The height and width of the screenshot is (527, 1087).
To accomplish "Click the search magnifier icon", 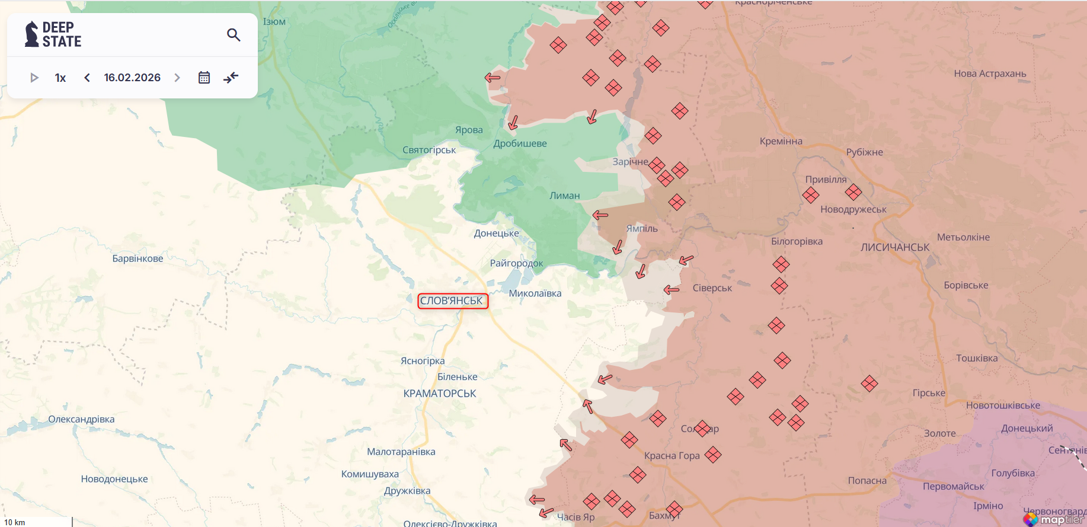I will [234, 35].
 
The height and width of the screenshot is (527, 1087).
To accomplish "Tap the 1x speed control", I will [60, 78].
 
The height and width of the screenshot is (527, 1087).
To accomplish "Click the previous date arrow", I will [87, 78].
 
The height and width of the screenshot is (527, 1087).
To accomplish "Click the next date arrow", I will [177, 78].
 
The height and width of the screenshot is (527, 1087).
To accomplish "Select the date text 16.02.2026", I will [132, 78].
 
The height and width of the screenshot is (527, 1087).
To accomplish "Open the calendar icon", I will [204, 78].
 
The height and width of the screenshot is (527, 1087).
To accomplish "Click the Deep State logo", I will [53, 34].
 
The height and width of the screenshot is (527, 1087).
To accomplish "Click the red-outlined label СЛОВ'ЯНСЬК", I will [452, 301].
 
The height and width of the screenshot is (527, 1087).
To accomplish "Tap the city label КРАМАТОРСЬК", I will [439, 394].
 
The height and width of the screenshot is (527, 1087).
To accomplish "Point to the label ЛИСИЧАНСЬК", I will [894, 247].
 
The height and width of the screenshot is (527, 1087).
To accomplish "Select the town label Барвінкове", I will [138, 258].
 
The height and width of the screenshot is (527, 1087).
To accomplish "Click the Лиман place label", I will [564, 196].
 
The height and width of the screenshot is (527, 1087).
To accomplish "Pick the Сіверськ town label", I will [712, 288].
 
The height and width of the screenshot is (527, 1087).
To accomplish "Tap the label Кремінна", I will [781, 141].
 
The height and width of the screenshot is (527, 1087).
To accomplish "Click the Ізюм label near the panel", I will [274, 22].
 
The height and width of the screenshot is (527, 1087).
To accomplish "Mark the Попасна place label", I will [867, 481].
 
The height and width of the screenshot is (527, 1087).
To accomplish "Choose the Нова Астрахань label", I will [989, 74].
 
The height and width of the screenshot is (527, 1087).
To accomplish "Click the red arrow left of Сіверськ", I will [672, 289].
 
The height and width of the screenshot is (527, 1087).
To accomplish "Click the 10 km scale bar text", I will [15, 522].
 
